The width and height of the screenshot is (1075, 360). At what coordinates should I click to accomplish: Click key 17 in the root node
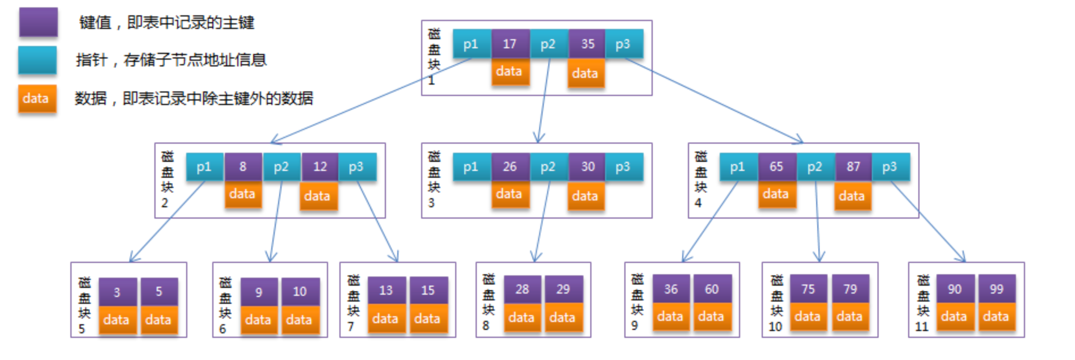(x=510, y=44)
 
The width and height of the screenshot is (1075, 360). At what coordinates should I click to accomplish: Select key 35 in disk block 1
(x=587, y=44)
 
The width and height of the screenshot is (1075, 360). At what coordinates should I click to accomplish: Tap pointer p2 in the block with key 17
(x=548, y=44)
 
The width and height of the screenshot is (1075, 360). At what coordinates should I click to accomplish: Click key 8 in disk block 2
(x=243, y=166)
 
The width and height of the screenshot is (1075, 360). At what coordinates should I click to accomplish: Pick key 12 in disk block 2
(x=320, y=166)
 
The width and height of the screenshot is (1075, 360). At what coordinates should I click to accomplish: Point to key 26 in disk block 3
(x=510, y=166)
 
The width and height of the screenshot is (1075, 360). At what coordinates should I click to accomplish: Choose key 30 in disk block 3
(x=587, y=166)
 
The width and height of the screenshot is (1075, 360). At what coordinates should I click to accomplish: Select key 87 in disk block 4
(x=854, y=166)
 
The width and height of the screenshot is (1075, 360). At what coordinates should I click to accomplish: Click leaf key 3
(x=117, y=292)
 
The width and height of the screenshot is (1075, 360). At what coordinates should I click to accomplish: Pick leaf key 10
(x=300, y=292)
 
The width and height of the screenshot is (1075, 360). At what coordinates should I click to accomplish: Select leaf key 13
(x=387, y=290)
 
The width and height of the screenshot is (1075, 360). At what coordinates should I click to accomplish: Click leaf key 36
(x=671, y=289)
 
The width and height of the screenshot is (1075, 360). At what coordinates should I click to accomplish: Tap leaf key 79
(x=850, y=289)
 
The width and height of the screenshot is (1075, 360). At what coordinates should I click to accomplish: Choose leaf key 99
(x=997, y=289)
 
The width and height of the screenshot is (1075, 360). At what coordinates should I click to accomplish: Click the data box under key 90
(x=955, y=317)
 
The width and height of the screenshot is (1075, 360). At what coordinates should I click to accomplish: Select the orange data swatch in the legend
(x=37, y=99)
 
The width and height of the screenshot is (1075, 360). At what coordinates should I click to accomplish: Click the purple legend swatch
(x=38, y=22)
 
